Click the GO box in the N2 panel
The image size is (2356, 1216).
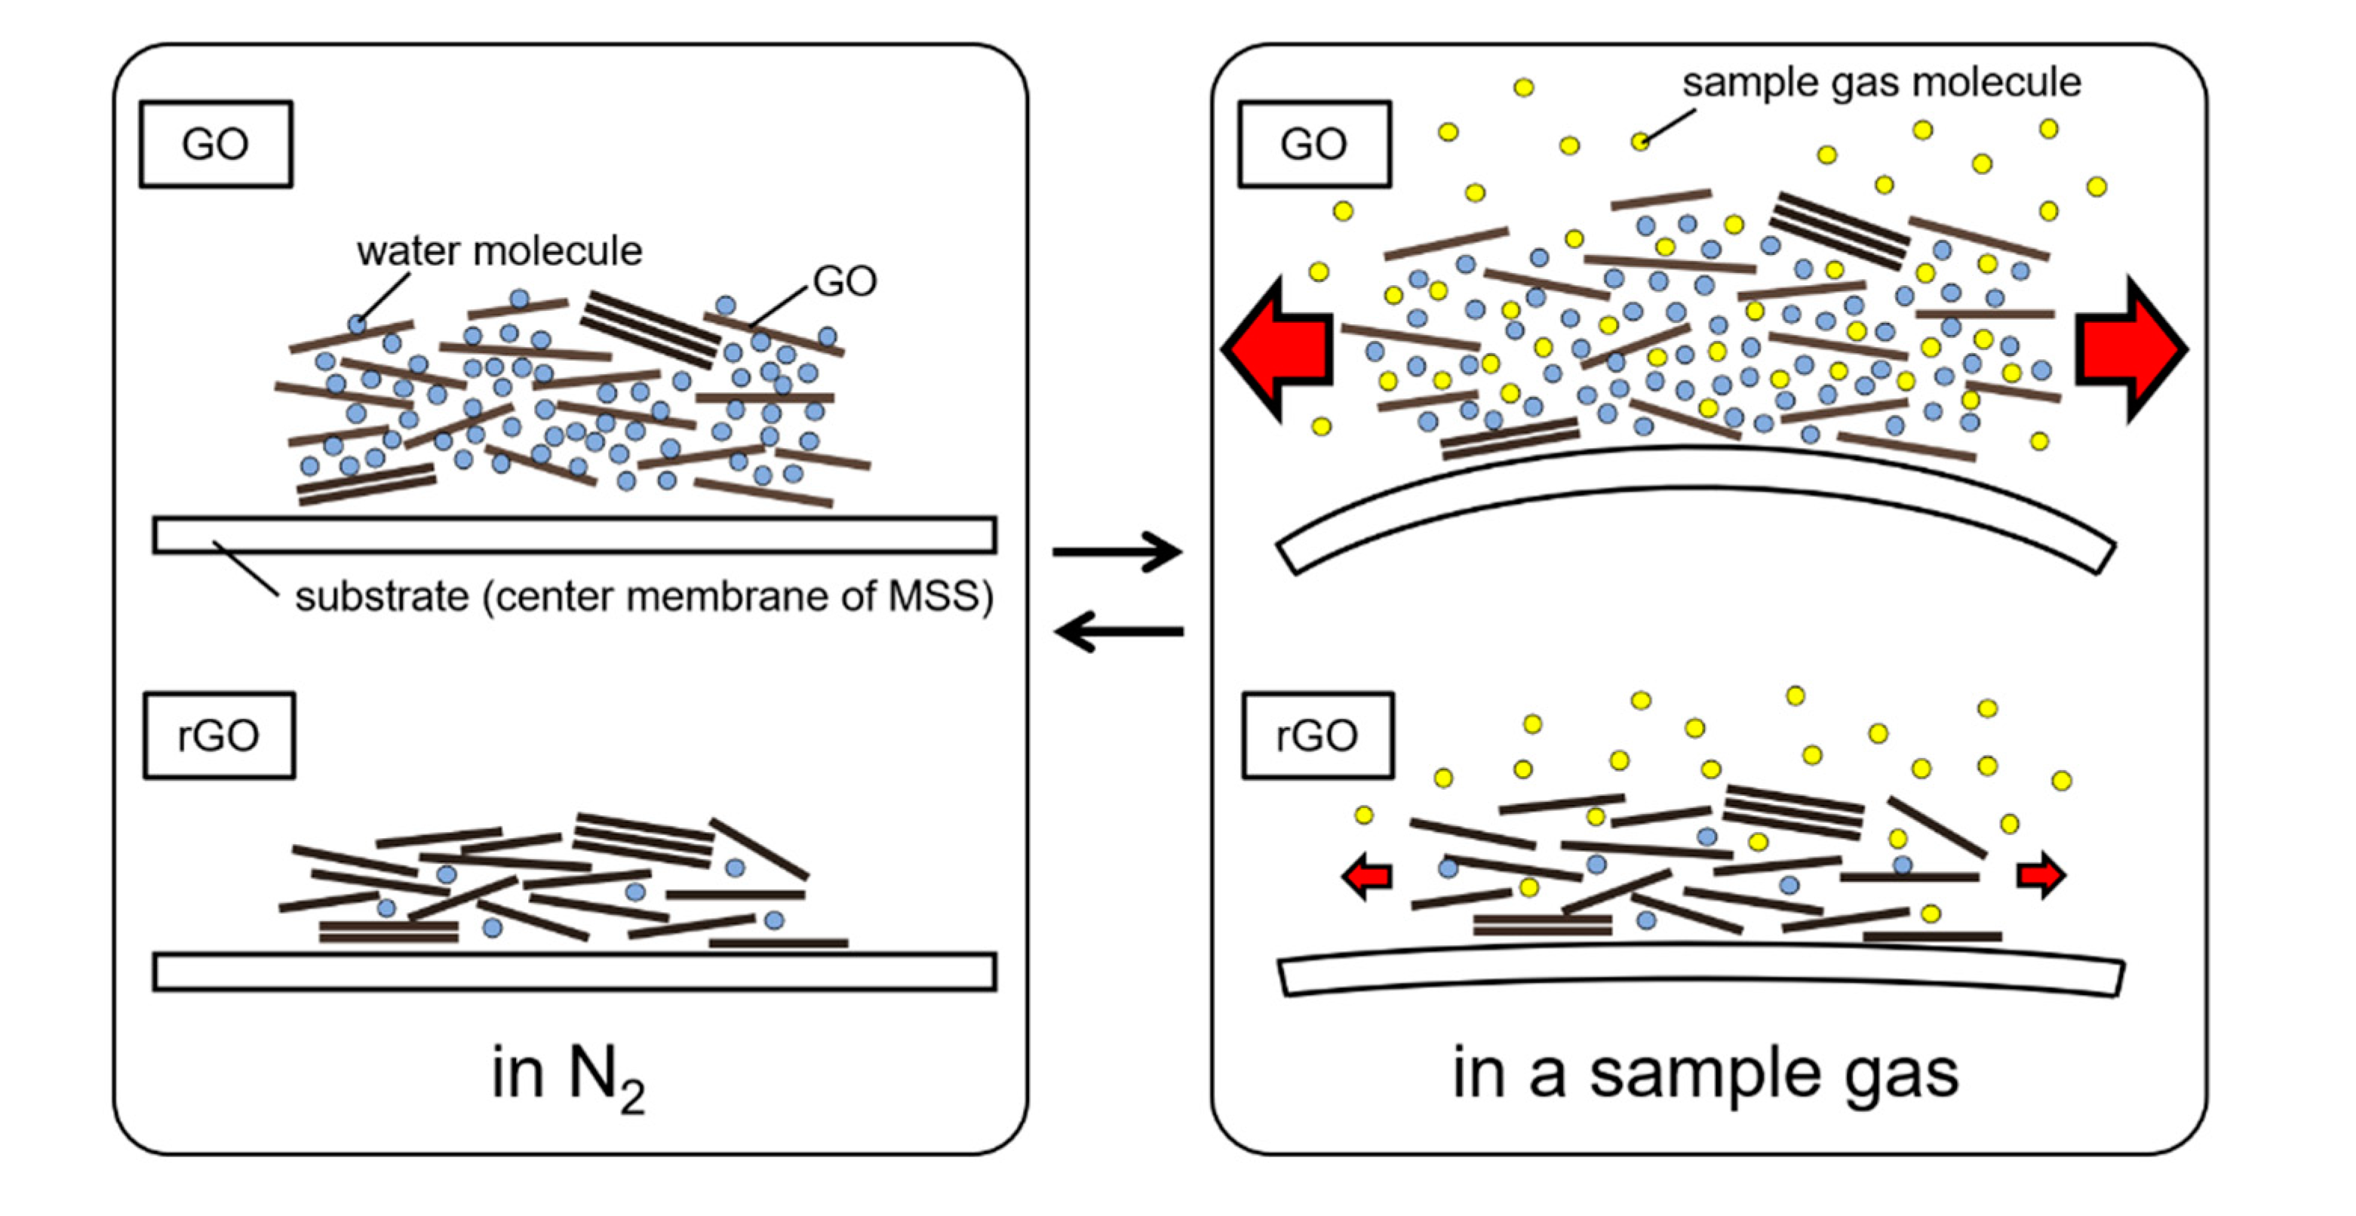click(x=216, y=145)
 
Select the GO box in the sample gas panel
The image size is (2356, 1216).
click(x=1314, y=145)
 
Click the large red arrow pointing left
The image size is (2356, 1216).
click(x=1280, y=349)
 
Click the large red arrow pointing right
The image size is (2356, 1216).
click(x=2127, y=349)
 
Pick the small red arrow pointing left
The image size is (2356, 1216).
click(x=1367, y=876)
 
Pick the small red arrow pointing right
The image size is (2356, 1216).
click(x=2040, y=876)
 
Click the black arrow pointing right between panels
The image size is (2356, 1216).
click(x=1117, y=552)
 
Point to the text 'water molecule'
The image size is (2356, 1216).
click(x=499, y=251)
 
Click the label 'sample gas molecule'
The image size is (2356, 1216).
click(x=1881, y=82)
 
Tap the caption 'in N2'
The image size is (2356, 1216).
click(x=567, y=1077)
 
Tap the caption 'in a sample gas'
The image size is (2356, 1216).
click(x=1705, y=1074)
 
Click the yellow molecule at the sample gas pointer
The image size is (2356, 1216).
click(x=1641, y=142)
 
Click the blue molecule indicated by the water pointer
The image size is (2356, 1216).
click(x=358, y=324)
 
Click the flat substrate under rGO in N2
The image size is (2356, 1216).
click(x=574, y=972)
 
